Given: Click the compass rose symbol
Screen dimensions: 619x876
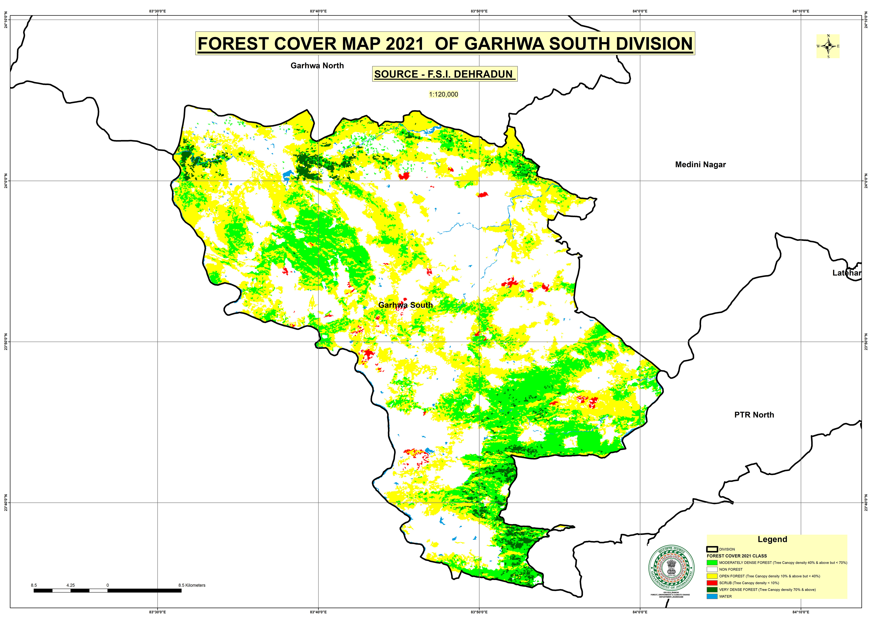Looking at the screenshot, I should coord(828,46).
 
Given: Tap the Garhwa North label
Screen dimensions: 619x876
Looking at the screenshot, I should coord(317,66).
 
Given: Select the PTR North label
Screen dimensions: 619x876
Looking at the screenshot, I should coord(754,415).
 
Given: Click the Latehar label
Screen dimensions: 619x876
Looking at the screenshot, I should coord(847,273).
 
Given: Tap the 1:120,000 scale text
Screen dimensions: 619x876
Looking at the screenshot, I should coord(443,94).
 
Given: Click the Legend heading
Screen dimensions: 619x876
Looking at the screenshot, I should coord(772,539).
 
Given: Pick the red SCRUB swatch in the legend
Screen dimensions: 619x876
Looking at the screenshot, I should coord(712,583).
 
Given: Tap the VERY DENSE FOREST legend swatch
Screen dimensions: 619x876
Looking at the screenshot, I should coord(712,590).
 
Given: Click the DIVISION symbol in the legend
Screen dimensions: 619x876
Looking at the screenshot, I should coord(712,549).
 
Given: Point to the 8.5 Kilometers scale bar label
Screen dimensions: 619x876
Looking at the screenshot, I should coord(192,585).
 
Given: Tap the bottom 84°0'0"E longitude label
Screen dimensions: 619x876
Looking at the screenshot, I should coord(640,612).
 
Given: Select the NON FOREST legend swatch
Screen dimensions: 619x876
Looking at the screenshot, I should coord(712,569).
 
